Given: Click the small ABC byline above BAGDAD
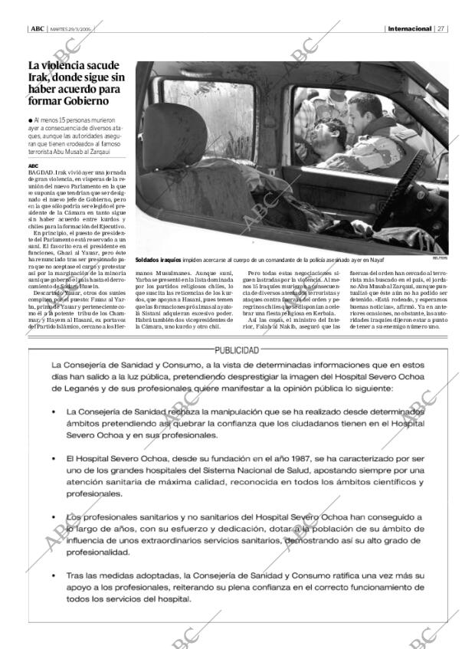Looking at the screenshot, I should point(33,166).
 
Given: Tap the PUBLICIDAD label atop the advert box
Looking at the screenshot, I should point(237,349).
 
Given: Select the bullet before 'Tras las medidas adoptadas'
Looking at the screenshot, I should point(54,575).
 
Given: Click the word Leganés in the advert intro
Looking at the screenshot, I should point(70,388).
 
